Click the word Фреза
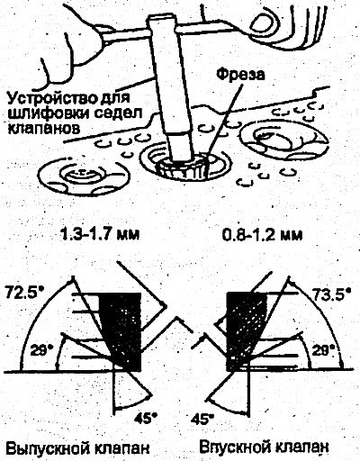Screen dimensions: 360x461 [x=240, y=75]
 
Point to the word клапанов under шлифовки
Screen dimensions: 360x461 [x=43, y=129]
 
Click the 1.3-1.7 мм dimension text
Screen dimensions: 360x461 [x=100, y=234]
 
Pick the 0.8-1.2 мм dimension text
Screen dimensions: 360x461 [x=262, y=234]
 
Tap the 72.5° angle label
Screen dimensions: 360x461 [x=24, y=294]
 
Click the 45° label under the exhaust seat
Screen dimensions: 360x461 [x=146, y=418]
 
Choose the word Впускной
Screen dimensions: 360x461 [x=233, y=448]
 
